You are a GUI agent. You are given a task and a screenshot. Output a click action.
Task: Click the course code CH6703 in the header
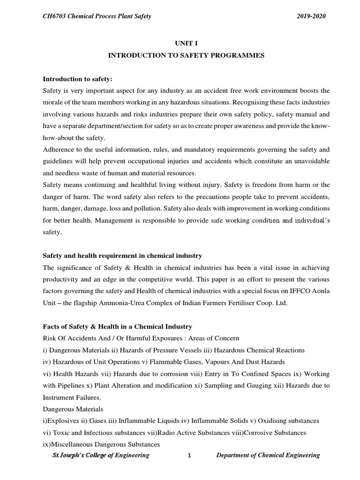click(55, 17)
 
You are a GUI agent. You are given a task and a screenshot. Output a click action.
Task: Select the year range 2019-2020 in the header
click(311, 17)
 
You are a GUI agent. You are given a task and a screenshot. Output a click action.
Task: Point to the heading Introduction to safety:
click(78, 78)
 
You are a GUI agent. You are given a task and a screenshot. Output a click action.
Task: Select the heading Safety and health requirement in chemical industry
click(122, 255)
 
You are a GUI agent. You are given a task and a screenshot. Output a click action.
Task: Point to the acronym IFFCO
click(294, 291)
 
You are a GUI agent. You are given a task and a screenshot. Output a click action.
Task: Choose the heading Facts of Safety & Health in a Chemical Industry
click(117, 327)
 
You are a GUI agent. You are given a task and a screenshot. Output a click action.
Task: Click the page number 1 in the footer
click(188, 456)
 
